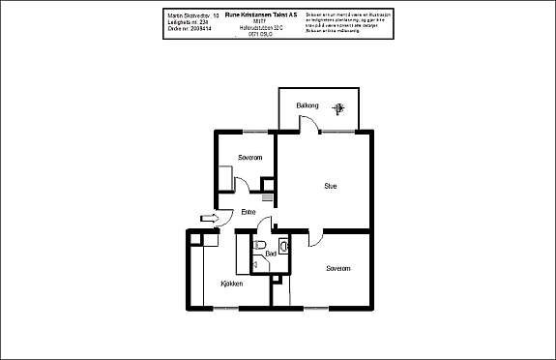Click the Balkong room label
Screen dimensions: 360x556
(x=307, y=105)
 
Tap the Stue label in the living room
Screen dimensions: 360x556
(x=330, y=187)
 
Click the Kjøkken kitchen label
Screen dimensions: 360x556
(x=230, y=285)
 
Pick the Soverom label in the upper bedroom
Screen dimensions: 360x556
(x=250, y=157)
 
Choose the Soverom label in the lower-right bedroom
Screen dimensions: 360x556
(x=337, y=268)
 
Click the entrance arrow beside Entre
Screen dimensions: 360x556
(x=206, y=219)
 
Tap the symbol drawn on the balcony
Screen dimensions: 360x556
(x=337, y=107)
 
